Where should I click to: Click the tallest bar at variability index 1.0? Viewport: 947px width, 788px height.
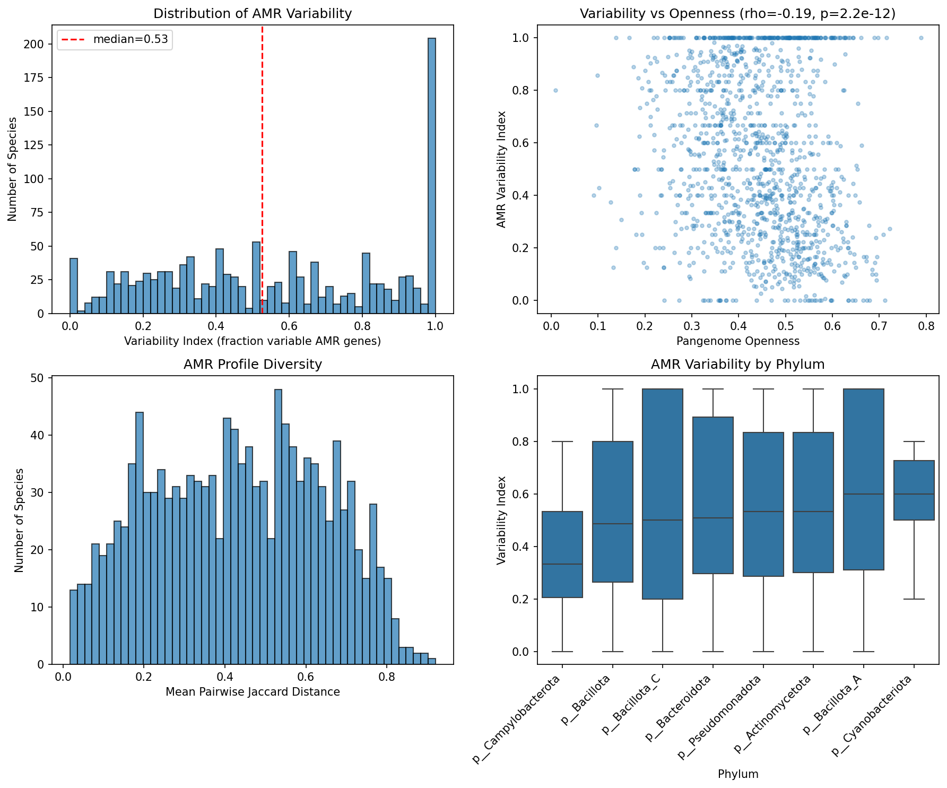coord(431,176)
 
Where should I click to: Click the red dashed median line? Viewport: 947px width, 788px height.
coord(262,159)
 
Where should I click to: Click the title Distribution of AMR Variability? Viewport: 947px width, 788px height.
coord(253,14)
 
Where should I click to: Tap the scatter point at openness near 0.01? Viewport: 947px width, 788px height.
coord(555,90)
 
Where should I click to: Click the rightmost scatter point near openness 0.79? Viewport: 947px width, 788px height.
coord(921,38)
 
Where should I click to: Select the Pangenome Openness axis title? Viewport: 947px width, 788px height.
coord(737,341)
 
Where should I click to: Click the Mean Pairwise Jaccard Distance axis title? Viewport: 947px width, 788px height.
coord(253,692)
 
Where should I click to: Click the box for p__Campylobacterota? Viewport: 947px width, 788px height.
coord(562,555)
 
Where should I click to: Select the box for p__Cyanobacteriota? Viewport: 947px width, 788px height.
coord(914,490)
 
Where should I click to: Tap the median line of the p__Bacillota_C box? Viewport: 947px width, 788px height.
coord(662,520)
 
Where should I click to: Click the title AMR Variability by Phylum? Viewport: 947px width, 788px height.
coord(737,365)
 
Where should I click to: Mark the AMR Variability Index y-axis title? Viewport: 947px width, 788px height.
coord(501,169)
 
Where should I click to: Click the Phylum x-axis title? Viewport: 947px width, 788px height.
coord(737,774)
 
